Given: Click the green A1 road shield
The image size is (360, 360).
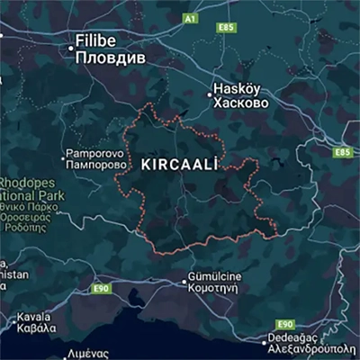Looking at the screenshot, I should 189,18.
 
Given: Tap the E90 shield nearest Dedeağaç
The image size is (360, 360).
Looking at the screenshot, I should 285,323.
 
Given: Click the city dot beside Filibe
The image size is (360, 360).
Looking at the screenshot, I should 72,41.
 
